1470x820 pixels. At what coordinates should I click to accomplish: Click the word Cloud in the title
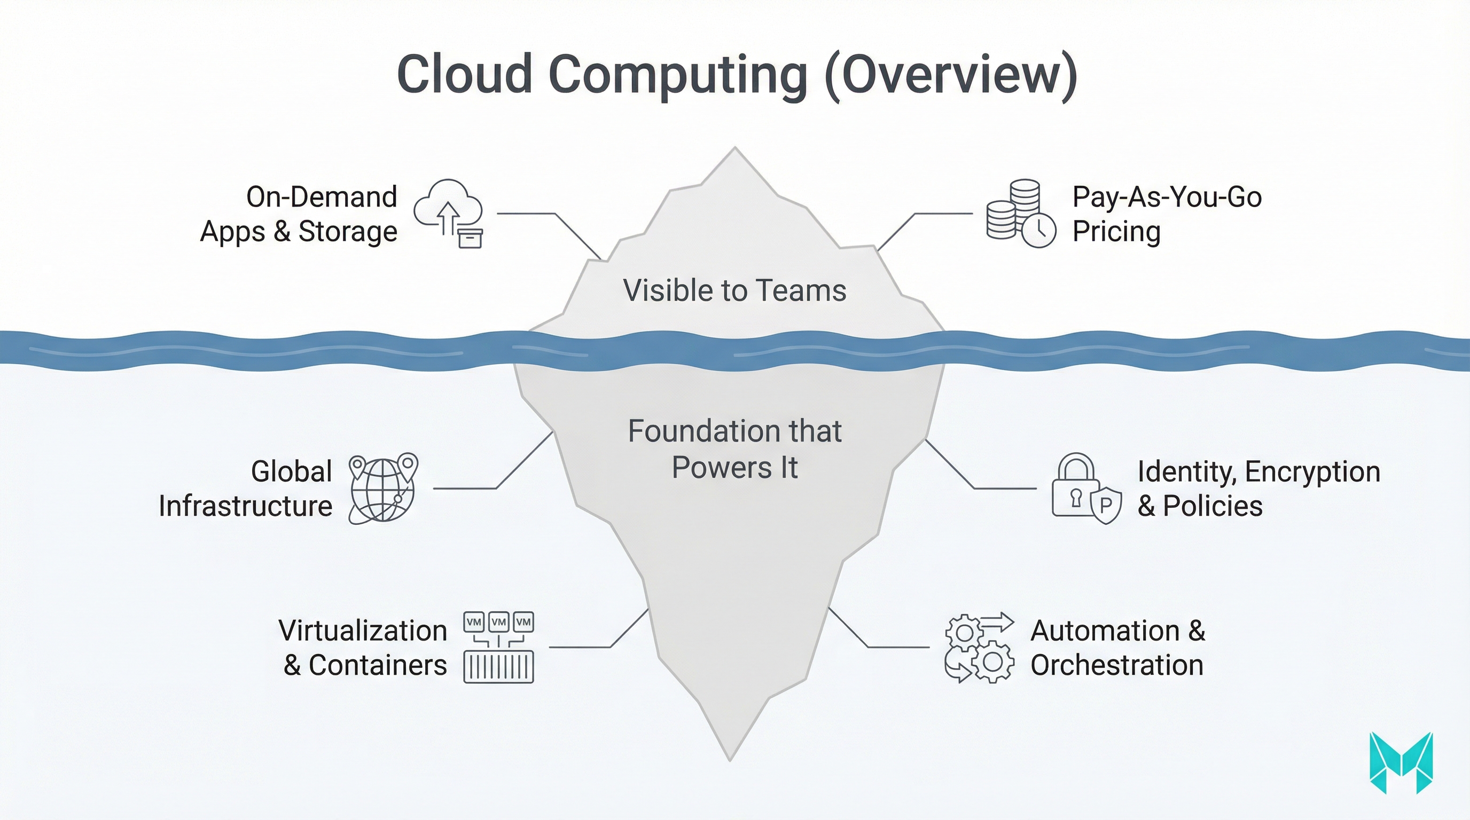(465, 75)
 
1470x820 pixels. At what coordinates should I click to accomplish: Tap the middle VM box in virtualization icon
(499, 621)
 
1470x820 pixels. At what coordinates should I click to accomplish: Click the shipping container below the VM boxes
(499, 667)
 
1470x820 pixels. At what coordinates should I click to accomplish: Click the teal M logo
(1401, 763)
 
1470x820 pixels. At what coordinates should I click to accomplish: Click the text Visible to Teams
(734, 290)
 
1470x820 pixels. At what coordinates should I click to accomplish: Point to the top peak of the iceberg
(734, 149)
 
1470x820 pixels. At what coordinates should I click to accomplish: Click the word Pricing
(1116, 232)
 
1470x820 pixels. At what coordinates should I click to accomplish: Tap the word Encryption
(1312, 472)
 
